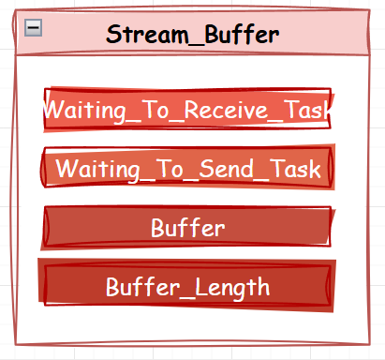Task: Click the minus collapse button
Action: (34, 28)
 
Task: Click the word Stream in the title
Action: (147, 34)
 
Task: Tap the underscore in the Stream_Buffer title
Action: (197, 44)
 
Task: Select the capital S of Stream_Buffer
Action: (113, 34)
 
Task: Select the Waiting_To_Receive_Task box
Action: (187, 109)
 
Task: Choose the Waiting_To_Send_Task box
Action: (187, 167)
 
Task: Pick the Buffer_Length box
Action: (186, 285)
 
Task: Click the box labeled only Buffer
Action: (187, 227)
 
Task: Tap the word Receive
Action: (226, 110)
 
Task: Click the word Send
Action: (226, 168)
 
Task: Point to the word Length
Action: (232, 288)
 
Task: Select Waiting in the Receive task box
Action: (84, 111)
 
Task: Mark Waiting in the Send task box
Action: (97, 170)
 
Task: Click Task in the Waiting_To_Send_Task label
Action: (295, 168)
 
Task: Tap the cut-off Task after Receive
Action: (307, 110)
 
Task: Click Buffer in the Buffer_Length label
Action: (143, 286)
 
